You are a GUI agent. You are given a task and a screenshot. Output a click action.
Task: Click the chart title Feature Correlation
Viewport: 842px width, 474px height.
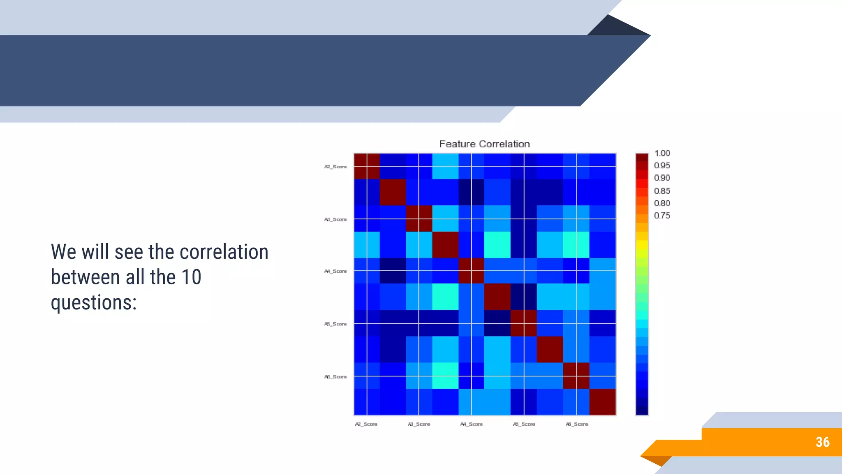484,144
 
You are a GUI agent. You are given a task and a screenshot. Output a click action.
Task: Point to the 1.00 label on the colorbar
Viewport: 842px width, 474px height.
662,153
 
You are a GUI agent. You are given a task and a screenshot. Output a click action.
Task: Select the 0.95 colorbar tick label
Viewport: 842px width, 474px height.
662,165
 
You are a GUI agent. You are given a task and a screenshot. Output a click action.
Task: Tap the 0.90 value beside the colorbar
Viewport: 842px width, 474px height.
662,178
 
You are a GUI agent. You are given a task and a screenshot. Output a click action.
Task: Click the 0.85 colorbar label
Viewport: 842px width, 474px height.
662,191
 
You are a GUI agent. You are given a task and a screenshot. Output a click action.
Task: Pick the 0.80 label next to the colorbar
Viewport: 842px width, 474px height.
662,203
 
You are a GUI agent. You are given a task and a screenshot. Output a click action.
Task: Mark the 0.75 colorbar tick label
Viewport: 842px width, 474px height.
662,216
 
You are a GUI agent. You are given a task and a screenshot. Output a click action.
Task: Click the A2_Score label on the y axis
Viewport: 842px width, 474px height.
335,167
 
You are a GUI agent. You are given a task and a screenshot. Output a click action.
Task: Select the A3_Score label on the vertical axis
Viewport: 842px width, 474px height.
335,219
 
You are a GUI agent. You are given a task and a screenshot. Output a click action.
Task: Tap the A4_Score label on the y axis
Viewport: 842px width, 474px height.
335,271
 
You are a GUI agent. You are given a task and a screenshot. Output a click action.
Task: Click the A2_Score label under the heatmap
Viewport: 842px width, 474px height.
366,424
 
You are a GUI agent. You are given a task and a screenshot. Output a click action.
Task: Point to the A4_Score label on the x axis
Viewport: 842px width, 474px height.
471,424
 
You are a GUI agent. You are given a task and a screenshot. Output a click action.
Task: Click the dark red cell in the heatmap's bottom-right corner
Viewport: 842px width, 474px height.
602,402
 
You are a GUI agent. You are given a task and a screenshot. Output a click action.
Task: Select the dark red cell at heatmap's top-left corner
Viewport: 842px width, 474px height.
367,166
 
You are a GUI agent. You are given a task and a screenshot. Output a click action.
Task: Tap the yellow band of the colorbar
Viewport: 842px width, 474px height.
642,245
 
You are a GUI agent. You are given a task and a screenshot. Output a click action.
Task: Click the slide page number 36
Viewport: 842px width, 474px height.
822,442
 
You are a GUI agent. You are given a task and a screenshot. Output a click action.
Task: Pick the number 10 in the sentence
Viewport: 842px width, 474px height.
191,277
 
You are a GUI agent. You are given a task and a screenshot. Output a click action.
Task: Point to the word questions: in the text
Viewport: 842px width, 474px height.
94,302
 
